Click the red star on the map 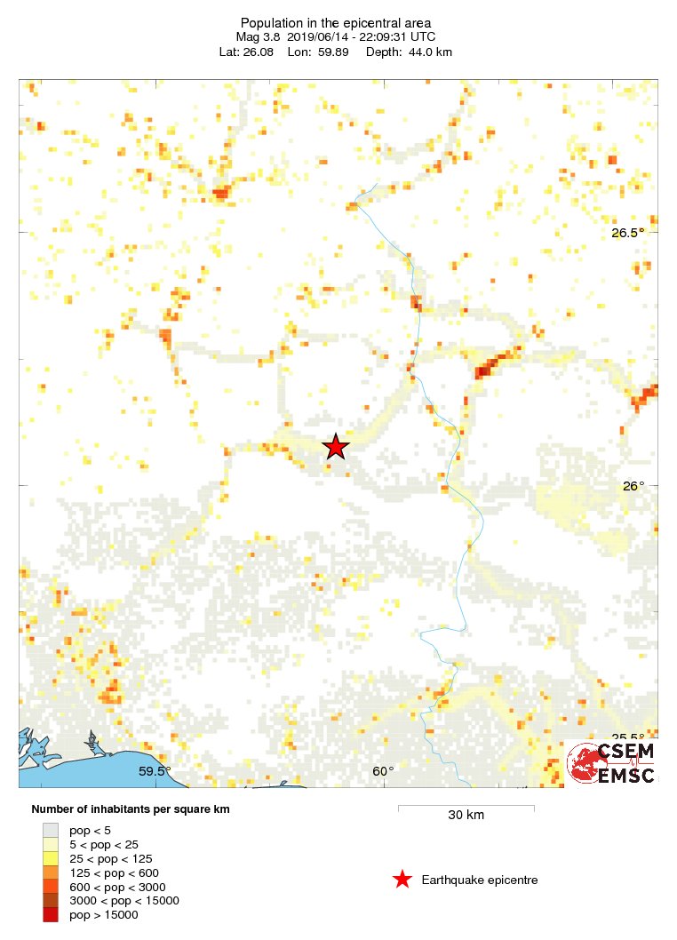click(x=335, y=446)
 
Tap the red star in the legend click(x=402, y=880)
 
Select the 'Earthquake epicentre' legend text click(x=480, y=880)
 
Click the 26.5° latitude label click(x=628, y=233)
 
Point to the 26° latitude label click(x=633, y=486)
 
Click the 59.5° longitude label click(x=155, y=771)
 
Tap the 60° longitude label click(x=383, y=771)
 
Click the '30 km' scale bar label click(x=466, y=815)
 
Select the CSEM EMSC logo click(x=612, y=763)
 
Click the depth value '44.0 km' click(x=428, y=52)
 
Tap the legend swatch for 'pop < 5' click(x=50, y=830)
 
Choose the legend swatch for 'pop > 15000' click(x=50, y=915)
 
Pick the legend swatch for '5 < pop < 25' click(x=50, y=844)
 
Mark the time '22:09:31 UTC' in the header click(x=397, y=37)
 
